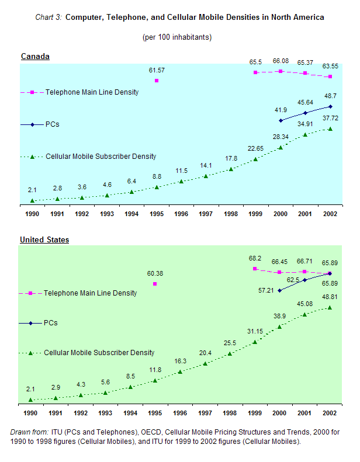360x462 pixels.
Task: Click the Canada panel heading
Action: (x=35, y=57)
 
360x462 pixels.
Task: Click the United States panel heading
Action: (x=44, y=240)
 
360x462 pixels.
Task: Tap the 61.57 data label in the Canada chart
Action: (x=157, y=70)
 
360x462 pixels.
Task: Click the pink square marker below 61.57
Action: (x=157, y=81)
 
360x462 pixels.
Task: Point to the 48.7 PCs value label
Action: (x=330, y=95)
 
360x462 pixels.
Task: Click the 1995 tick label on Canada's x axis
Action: (x=157, y=214)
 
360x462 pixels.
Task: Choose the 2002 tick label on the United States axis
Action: (x=330, y=413)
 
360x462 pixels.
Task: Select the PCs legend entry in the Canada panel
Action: (x=52, y=124)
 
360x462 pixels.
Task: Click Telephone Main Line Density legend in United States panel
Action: (x=90, y=293)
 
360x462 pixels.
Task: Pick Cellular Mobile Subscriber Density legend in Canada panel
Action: (x=101, y=157)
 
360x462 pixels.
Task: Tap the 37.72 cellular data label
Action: (x=330, y=117)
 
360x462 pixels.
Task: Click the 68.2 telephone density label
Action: (x=255, y=258)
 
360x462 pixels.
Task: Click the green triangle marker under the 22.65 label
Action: (x=255, y=159)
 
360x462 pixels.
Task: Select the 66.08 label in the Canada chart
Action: (x=281, y=61)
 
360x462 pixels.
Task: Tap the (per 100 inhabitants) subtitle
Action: (x=177, y=37)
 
